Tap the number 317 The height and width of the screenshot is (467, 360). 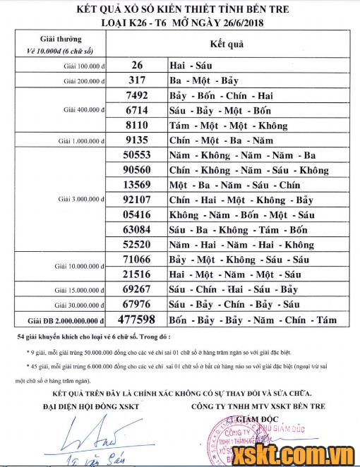click(x=138, y=80)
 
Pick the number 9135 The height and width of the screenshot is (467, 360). click(x=136, y=140)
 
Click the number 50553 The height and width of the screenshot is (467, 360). click(x=136, y=155)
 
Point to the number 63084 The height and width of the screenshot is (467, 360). click(x=136, y=229)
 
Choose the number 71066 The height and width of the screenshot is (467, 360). click(x=136, y=260)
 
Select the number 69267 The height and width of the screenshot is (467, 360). click(x=136, y=289)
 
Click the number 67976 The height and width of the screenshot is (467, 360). click(x=136, y=304)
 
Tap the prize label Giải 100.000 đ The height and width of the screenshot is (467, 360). click(x=83, y=66)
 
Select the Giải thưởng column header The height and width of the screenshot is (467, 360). click(x=61, y=39)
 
